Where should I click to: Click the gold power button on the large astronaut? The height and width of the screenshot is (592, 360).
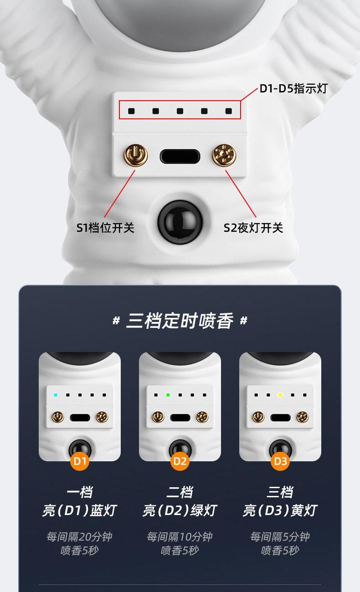136,155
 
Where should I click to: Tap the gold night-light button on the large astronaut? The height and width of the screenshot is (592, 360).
224,155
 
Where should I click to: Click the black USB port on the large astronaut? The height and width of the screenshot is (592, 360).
180,157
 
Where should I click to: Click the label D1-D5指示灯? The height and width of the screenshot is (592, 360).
293,88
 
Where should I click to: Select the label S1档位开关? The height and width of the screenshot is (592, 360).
105,228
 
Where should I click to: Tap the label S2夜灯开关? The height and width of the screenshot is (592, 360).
253,228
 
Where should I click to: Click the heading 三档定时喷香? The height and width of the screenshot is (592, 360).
180,321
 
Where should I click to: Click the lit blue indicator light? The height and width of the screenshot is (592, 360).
56,395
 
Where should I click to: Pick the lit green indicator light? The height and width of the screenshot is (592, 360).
168,395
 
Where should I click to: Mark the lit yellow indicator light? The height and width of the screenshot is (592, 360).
280,395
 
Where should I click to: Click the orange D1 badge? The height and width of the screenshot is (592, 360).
80,461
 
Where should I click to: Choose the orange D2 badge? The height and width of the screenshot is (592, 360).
180,461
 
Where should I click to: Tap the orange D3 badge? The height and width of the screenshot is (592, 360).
280,461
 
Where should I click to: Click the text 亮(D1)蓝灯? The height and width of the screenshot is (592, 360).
80,510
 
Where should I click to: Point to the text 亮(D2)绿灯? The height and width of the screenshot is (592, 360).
180,510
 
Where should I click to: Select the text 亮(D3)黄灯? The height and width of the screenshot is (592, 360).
280,510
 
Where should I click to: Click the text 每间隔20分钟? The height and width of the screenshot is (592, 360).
80,537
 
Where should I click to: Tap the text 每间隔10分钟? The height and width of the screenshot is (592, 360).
180,537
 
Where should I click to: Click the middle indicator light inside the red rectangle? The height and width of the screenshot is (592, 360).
180,111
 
